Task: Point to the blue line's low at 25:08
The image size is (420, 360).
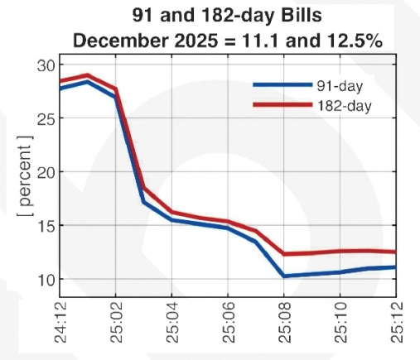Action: pos(284,276)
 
